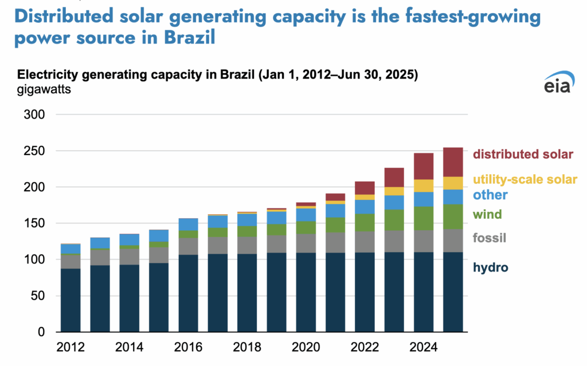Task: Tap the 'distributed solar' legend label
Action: coord(523,154)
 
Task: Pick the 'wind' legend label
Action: coord(487,214)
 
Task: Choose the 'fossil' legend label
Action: coord(490,238)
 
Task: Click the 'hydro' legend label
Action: coord(490,267)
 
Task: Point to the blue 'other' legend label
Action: coord(490,195)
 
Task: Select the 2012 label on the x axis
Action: coord(71,347)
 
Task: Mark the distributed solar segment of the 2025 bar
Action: coord(453,162)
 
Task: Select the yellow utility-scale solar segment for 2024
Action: coord(424,186)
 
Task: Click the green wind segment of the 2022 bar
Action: coord(365,222)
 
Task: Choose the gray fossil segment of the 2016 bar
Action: coord(189,246)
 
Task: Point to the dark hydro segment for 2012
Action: coord(71,300)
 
